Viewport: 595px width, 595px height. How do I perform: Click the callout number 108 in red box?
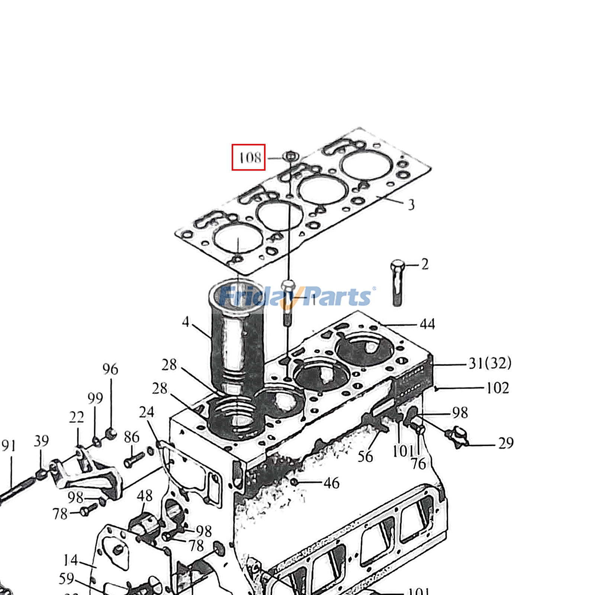click(249, 157)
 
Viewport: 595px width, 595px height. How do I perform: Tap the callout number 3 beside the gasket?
click(411, 205)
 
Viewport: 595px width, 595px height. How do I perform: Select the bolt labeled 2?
click(397, 283)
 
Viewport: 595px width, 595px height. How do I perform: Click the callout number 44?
click(427, 324)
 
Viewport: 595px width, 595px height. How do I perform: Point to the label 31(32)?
click(490, 363)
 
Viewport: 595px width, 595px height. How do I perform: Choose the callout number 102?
click(498, 388)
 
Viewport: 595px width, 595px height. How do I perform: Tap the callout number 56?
click(365, 457)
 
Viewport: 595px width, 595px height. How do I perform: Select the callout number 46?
click(331, 483)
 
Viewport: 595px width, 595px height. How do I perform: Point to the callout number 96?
click(110, 369)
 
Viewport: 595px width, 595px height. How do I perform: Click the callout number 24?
click(146, 412)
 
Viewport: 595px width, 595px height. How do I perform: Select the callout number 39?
click(41, 441)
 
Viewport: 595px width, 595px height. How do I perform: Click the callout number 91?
click(9, 446)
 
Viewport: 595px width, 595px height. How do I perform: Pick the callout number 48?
click(144, 495)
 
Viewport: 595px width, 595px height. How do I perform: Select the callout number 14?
click(71, 560)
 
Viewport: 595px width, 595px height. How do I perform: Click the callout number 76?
click(418, 464)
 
